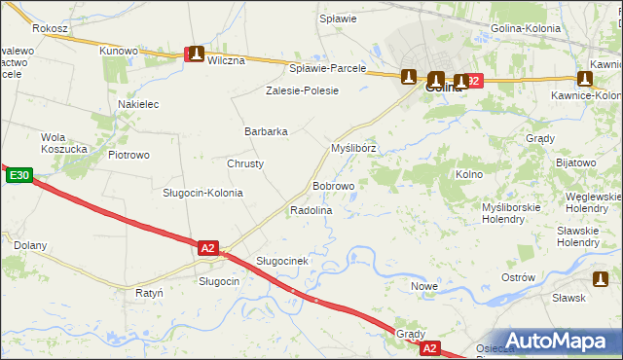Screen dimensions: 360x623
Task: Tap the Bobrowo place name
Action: pyautogui.click(x=333, y=185)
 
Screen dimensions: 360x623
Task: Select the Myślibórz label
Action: pyautogui.click(x=353, y=148)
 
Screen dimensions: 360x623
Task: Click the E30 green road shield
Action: pyautogui.click(x=18, y=176)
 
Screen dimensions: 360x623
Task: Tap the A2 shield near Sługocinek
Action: pyautogui.click(x=207, y=248)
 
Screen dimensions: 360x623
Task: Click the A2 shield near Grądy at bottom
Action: pyautogui.click(x=430, y=347)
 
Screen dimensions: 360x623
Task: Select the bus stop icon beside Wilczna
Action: pyautogui.click(x=197, y=55)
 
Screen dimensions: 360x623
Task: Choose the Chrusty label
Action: pyautogui.click(x=245, y=163)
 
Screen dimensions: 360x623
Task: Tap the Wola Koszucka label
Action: pyautogui.click(x=66, y=143)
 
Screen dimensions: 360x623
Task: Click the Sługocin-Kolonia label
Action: pyautogui.click(x=202, y=193)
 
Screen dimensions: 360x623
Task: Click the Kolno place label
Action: pyautogui.click(x=469, y=174)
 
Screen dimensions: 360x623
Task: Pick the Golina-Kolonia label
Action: pyautogui.click(x=526, y=29)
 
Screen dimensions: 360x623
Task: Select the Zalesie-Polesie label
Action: pyautogui.click(x=303, y=90)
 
